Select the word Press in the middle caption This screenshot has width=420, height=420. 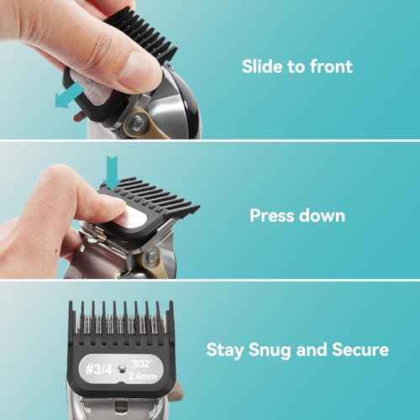click(x=276, y=215)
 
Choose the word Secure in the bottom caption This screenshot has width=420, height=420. click(x=359, y=349)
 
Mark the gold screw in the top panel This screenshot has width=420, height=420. click(x=134, y=123)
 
